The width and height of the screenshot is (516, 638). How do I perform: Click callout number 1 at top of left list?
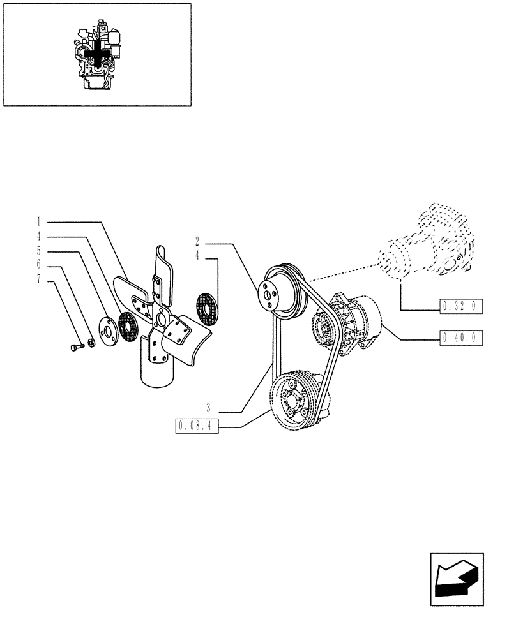pyautogui.click(x=39, y=222)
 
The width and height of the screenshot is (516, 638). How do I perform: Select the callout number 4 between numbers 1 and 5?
pyautogui.click(x=39, y=237)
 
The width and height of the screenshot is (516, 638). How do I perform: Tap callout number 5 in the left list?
pyautogui.click(x=39, y=251)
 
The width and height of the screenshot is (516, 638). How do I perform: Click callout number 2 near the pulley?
pyautogui.click(x=198, y=242)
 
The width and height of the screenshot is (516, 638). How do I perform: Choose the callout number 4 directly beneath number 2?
pyautogui.click(x=198, y=256)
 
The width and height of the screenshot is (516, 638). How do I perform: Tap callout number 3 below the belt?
pyautogui.click(x=208, y=406)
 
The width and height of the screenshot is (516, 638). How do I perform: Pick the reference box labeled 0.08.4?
pyautogui.click(x=196, y=426)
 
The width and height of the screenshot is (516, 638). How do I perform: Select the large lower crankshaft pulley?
pyautogui.click(x=295, y=401)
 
